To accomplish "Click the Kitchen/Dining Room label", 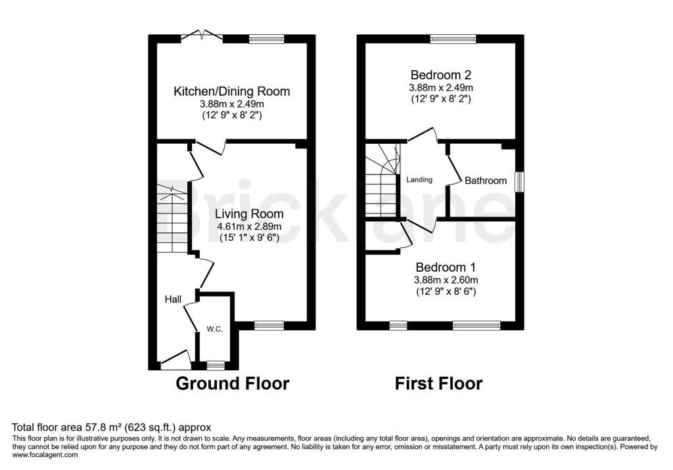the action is click(x=232, y=91).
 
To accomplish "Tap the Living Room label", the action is click(x=249, y=213).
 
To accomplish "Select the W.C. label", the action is click(x=215, y=330).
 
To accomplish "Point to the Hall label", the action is click(x=173, y=299).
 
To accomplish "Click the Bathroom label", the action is click(x=486, y=181).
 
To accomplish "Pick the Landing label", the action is click(x=419, y=180).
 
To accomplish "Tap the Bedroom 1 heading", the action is click(x=446, y=268).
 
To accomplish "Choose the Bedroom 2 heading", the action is click(x=441, y=75).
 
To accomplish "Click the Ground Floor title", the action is click(x=233, y=383).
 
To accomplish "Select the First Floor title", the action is click(x=438, y=383).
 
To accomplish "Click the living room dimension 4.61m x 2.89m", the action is click(x=249, y=226).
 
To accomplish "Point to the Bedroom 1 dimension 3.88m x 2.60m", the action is click(x=446, y=280).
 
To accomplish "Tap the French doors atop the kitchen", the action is click(x=202, y=36).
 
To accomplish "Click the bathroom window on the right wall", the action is click(x=519, y=181).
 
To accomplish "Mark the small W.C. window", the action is click(x=216, y=366).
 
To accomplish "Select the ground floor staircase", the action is click(x=172, y=219).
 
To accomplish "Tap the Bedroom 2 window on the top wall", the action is click(x=453, y=39).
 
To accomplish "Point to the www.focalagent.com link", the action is click(x=45, y=455).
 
